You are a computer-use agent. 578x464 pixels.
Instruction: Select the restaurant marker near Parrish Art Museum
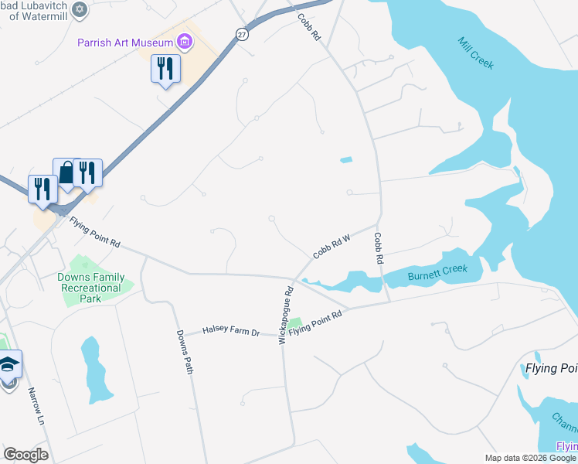[x=165, y=69]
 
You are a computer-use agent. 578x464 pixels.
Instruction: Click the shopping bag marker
[x=67, y=172]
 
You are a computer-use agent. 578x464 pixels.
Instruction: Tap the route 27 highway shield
[x=243, y=36]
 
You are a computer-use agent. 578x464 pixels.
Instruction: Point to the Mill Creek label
[x=475, y=53]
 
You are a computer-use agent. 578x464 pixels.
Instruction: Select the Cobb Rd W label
[x=331, y=247]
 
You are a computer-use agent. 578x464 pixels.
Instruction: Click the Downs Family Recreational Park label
[x=90, y=288]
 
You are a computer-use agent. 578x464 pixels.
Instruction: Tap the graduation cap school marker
[x=8, y=364]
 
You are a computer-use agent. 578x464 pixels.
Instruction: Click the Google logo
[x=25, y=455]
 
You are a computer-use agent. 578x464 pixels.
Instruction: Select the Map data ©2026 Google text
[x=529, y=458]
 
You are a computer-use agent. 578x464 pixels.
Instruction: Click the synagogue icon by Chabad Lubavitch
[x=79, y=9]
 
